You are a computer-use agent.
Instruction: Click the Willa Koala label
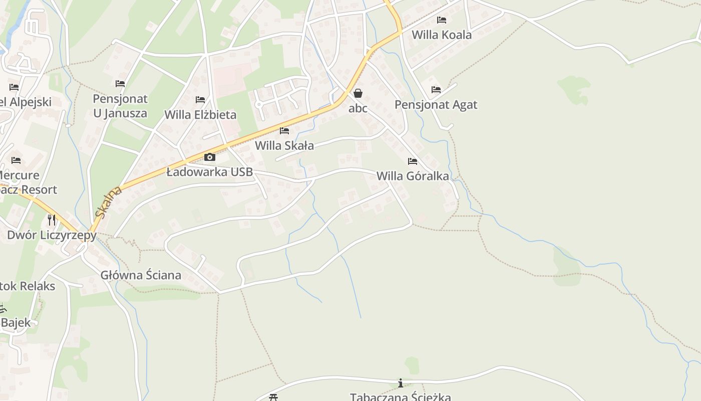[441, 35]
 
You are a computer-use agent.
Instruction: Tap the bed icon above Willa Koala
[441, 20]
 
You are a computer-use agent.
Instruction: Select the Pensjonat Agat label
[436, 105]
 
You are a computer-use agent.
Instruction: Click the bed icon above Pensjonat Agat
[436, 90]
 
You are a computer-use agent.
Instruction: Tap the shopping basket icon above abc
[358, 93]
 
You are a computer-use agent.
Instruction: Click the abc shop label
[358, 108]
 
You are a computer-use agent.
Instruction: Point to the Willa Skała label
[284, 146]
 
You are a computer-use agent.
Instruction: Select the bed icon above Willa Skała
[284, 131]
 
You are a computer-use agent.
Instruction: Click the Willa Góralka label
[413, 176]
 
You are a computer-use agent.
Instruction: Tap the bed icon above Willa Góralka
[413, 161]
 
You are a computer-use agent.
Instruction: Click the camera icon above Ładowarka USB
[210, 157]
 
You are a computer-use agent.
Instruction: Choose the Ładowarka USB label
[210, 172]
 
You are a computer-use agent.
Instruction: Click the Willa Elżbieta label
[200, 115]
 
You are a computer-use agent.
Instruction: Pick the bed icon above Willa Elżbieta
[200, 100]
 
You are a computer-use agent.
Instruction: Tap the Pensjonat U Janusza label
[120, 106]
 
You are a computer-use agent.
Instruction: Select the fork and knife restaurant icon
[52, 220]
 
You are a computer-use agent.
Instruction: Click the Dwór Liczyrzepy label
[52, 235]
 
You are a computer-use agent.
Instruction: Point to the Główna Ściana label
[141, 275]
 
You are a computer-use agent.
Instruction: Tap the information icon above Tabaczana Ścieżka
[401, 383]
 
